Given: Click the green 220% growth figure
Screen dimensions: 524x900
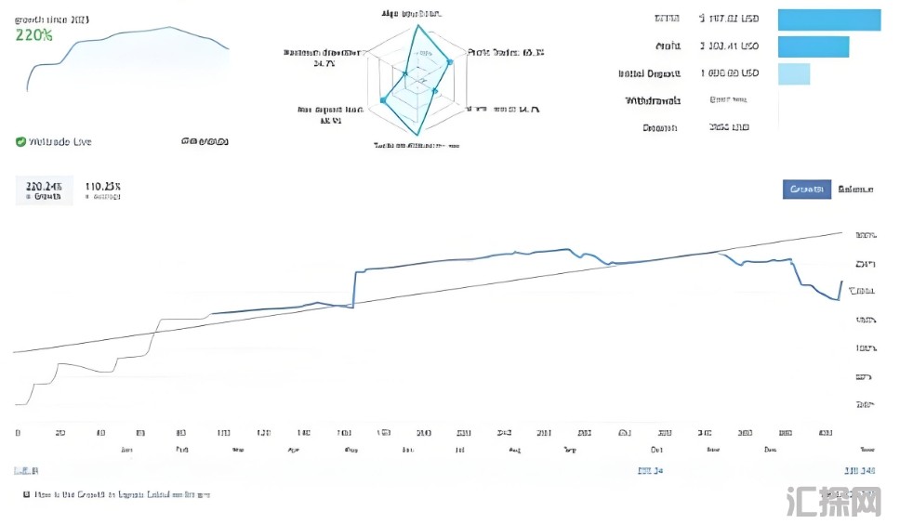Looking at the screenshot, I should [33, 35].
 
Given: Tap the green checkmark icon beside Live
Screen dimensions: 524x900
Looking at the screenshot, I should [20, 142].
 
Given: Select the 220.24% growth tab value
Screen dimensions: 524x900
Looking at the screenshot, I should [44, 187].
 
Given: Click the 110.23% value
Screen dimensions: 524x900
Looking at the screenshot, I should [103, 187].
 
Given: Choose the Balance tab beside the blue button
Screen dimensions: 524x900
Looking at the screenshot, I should [855, 190].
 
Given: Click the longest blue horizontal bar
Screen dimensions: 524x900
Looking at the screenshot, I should [828, 20].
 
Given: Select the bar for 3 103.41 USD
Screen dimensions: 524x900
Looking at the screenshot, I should [813, 46].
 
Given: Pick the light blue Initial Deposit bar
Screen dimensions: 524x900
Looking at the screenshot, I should [793, 73].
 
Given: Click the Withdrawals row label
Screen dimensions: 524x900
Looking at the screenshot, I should [653, 100].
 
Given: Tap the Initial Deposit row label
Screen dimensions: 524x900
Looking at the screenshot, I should [649, 73].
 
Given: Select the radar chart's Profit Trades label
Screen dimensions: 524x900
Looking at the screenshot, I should [506, 53].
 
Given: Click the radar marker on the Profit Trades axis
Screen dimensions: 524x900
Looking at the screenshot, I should [450, 63].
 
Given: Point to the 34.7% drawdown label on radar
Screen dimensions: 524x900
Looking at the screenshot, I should [324, 64].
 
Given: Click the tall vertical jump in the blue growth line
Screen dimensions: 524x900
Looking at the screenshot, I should [355, 288].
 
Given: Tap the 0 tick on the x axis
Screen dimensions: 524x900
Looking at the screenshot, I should [19, 433].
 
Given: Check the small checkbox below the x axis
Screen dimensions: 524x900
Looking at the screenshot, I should [27, 495].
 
